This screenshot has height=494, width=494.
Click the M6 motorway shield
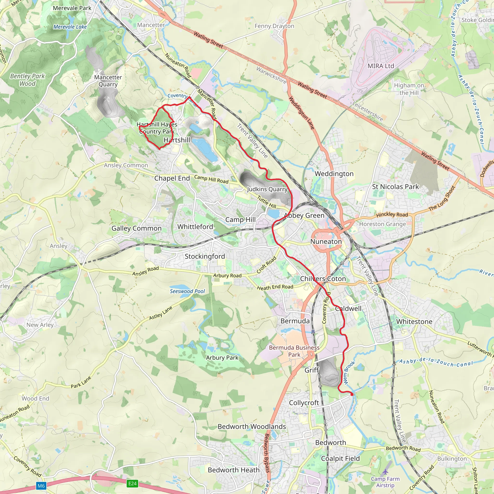[x=41, y=486]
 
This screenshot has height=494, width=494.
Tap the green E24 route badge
[x=132, y=483]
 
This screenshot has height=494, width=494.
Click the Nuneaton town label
[x=326, y=242]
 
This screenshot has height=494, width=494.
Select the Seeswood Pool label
[x=187, y=291]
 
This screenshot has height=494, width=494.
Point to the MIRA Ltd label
[x=381, y=66]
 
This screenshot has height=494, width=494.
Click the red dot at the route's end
[x=352, y=395]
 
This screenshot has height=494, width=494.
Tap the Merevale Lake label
[x=70, y=27]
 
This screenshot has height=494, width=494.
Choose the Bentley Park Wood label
[x=27, y=80]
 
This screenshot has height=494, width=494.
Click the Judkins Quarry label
[x=267, y=189]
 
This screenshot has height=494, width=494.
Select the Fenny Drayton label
[x=274, y=26]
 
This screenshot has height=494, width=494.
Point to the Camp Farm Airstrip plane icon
[x=385, y=471]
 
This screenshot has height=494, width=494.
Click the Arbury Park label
[x=222, y=358]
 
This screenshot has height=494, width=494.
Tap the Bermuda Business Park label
[x=294, y=351]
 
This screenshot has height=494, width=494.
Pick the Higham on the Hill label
[x=409, y=89]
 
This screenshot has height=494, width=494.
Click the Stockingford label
[x=205, y=256]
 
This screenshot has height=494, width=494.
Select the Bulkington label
[x=452, y=459]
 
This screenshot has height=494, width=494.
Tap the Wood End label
[x=35, y=398]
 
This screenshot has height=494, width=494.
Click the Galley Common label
[x=137, y=228]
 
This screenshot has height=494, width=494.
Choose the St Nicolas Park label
[x=395, y=187]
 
